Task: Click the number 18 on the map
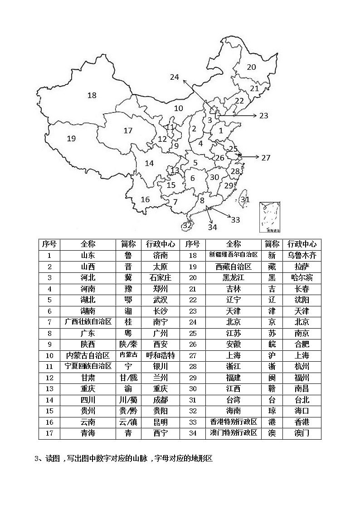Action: pos(92,95)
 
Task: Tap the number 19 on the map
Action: pos(71,139)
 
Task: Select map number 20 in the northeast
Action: pos(251,67)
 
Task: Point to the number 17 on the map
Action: pos(128,131)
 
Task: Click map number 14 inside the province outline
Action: pos(150,163)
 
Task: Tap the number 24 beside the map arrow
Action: pos(175,77)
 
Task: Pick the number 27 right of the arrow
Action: pos(266,157)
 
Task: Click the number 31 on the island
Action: pos(245,199)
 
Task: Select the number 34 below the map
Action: pos(212,227)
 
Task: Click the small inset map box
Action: pos(270,218)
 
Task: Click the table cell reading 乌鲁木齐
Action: pos(302,255)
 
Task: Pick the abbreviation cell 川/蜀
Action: pos(128,400)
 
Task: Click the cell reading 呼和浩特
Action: pos(161,355)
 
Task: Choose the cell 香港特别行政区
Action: pos(234,422)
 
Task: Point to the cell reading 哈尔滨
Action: pos(302,277)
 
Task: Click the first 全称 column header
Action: pos(88,244)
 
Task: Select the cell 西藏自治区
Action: pos(234,267)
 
